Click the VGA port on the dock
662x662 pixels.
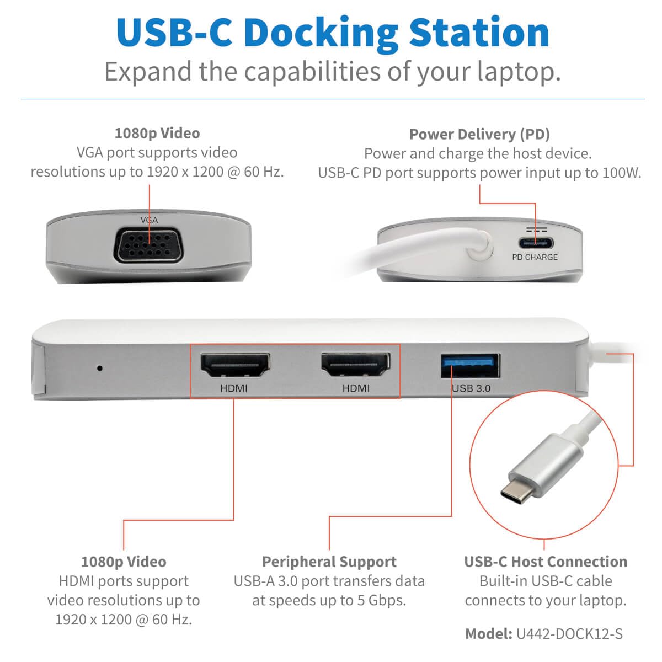pos(150,245)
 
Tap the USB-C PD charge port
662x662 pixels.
pos(534,243)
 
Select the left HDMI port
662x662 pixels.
pos(234,366)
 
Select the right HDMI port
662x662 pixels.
pos(356,366)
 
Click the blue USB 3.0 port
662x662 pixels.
pos(471,366)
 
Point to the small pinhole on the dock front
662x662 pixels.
pos(99,367)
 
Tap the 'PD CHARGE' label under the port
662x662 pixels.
pos(535,257)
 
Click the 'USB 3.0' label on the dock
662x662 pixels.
pos(471,388)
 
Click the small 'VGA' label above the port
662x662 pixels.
pos(149,220)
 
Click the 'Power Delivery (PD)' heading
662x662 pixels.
pos(479,134)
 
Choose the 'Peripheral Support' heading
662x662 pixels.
pos(329,562)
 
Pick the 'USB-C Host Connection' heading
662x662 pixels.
pos(546,562)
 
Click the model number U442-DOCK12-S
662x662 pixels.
pos(569,634)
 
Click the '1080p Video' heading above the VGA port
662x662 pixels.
pos(157,133)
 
